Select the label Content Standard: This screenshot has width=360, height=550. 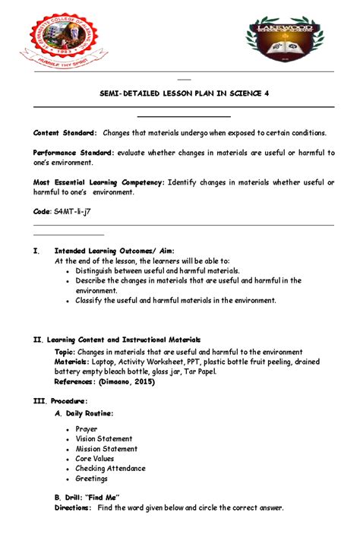point(65,132)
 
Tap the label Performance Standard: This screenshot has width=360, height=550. point(74,153)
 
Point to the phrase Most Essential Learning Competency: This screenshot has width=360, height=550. point(99,182)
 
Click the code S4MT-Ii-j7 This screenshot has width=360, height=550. point(61,212)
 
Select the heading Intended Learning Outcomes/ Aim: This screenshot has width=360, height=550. point(115,250)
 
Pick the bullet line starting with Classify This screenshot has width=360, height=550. point(175,300)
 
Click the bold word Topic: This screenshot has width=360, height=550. point(65,352)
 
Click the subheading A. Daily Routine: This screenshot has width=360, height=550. point(84,413)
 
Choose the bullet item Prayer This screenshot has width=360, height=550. point(87,429)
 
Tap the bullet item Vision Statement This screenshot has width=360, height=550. point(104,439)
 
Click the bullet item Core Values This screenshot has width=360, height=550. point(95,459)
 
